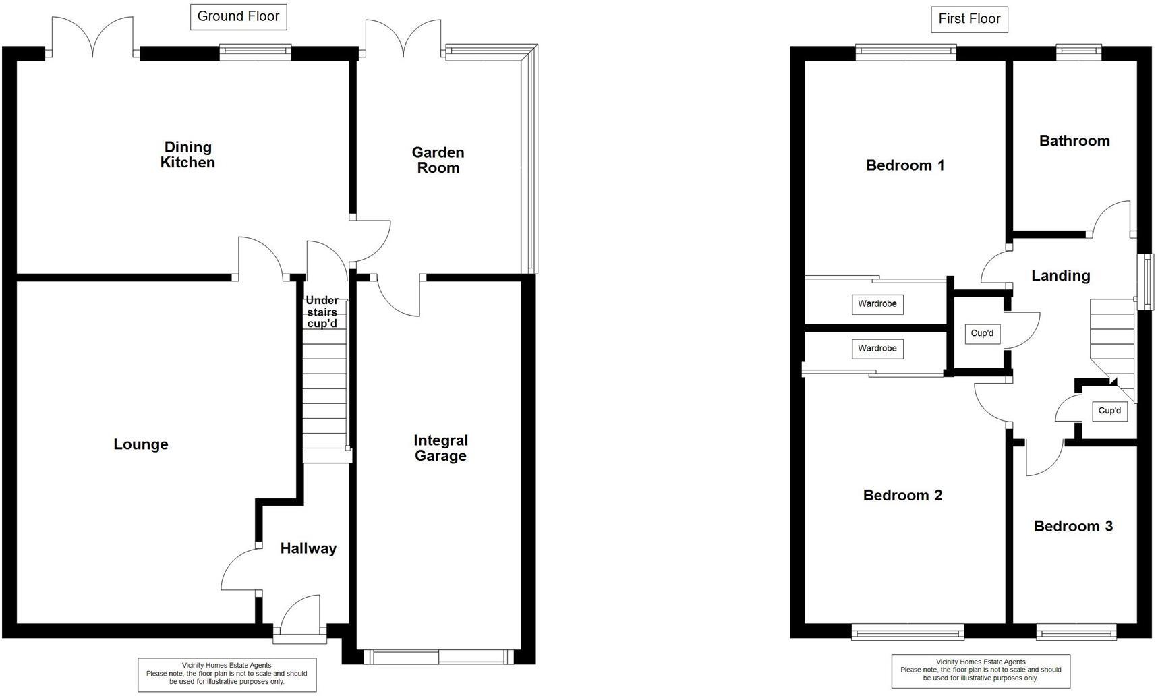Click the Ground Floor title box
(238, 17)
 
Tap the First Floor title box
(968, 19)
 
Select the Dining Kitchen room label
(187, 154)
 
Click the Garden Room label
(438, 161)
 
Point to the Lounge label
(140, 444)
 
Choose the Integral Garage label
(440, 448)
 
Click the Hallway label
(308, 548)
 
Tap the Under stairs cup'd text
(322, 312)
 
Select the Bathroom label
(1074, 141)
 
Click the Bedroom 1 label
(904, 165)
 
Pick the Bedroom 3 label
(1072, 526)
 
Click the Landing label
(1060, 275)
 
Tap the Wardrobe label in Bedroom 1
(877, 304)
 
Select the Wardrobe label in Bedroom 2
(877, 349)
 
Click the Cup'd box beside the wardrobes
(981, 333)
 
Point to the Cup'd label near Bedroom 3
(1109, 411)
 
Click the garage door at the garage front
(438, 657)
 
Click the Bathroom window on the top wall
(1078, 53)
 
